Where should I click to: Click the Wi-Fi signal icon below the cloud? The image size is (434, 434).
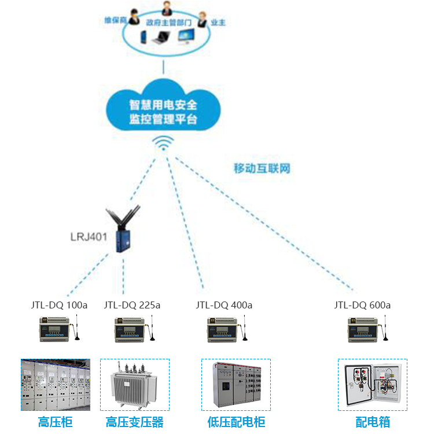pyautogui.click(x=164, y=143)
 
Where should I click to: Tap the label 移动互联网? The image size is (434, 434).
pyautogui.click(x=262, y=169)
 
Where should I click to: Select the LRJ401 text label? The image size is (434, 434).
pyautogui.click(x=89, y=237)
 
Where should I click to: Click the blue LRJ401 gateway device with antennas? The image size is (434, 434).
pyautogui.click(x=123, y=231)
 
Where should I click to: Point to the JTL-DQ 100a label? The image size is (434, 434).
pyautogui.click(x=59, y=305)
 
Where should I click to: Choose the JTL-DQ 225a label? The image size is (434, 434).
pyautogui.click(x=132, y=305)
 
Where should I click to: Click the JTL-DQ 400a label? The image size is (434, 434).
pyautogui.click(x=224, y=305)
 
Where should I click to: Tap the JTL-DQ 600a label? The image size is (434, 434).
pyautogui.click(x=362, y=305)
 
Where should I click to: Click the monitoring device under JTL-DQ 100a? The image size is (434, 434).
pyautogui.click(x=57, y=330)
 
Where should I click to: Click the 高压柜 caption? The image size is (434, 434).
pyautogui.click(x=56, y=422)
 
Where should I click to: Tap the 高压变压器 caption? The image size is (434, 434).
pyautogui.click(x=134, y=422)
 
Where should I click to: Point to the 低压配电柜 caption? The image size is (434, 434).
pyautogui.click(x=236, y=422)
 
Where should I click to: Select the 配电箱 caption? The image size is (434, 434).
pyautogui.click(x=373, y=422)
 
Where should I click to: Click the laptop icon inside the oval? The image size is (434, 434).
pyautogui.click(x=160, y=38)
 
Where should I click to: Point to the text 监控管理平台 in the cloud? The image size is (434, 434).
pyautogui.click(x=163, y=120)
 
